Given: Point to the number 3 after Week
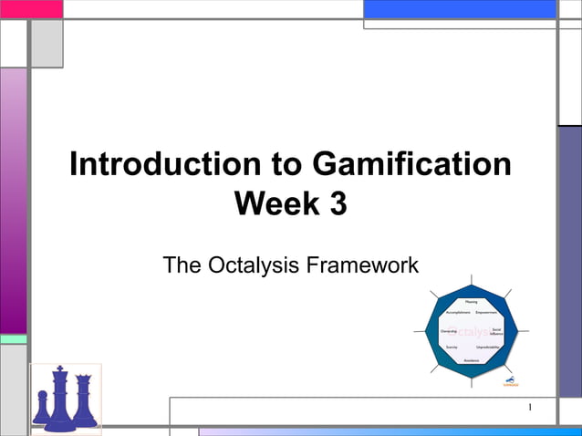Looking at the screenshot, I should tap(337, 204).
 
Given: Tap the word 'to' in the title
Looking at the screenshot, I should tap(286, 165).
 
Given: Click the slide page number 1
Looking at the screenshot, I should tap(530, 408).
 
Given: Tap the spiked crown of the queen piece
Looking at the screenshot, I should tap(83, 379).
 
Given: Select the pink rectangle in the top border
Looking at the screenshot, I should tap(31, 9).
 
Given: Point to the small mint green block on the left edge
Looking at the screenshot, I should tap(13, 338).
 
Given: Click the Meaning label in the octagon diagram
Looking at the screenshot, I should tap(471, 301).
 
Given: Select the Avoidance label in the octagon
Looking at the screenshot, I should tap(471, 360).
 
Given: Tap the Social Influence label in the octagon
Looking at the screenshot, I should tap(496, 331).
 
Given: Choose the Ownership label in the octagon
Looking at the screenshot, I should tap(448, 330).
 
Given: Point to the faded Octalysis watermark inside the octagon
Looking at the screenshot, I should tap(474, 331).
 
